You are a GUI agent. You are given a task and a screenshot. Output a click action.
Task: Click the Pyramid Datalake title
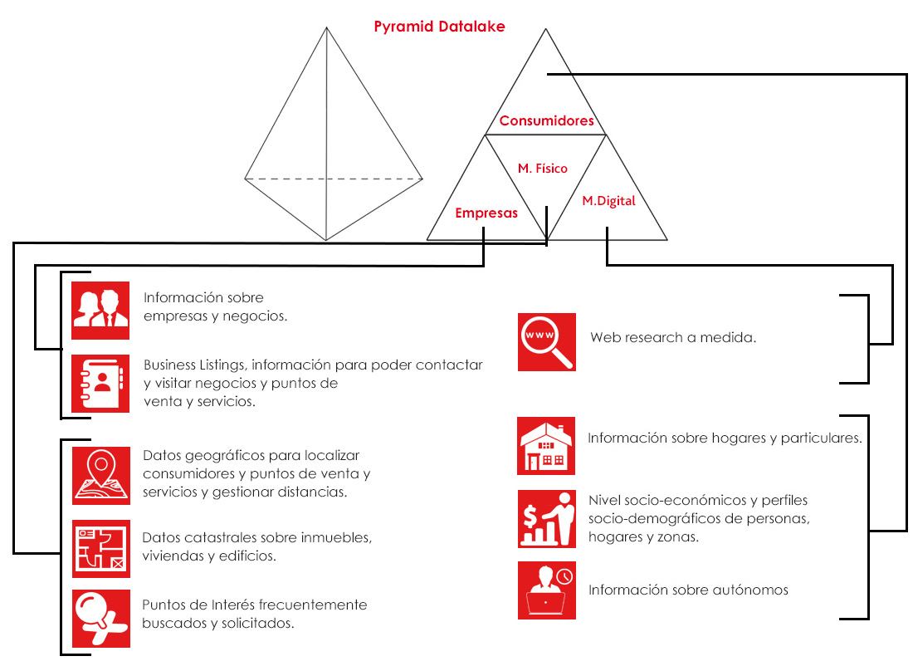[439, 27]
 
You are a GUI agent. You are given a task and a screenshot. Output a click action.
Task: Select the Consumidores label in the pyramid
[547, 120]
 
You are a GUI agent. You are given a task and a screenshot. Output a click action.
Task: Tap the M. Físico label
[543, 169]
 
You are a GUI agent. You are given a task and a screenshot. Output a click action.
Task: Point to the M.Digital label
[608, 201]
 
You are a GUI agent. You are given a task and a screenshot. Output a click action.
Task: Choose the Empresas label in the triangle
[486, 213]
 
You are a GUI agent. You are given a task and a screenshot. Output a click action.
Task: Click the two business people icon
[100, 310]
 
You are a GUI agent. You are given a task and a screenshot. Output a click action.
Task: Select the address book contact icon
[100, 384]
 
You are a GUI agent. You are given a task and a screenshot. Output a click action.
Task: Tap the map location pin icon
[100, 476]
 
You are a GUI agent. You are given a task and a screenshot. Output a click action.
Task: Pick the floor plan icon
[100, 549]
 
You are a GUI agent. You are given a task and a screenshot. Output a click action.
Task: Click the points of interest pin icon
[100, 619]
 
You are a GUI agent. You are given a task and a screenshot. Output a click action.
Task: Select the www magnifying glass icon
[547, 342]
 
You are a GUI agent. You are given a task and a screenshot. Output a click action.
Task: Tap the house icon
[546, 446]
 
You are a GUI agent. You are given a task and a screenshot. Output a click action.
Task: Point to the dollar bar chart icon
[547, 518]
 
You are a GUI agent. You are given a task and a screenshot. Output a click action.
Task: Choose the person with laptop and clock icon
[547, 590]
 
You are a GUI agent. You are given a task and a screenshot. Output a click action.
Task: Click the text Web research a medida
[673, 337]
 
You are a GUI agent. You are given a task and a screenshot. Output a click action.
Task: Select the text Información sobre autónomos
[688, 590]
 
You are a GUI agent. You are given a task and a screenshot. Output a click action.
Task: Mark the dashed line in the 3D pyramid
[333, 179]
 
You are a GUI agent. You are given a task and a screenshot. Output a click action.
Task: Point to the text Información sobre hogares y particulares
[725, 438]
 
